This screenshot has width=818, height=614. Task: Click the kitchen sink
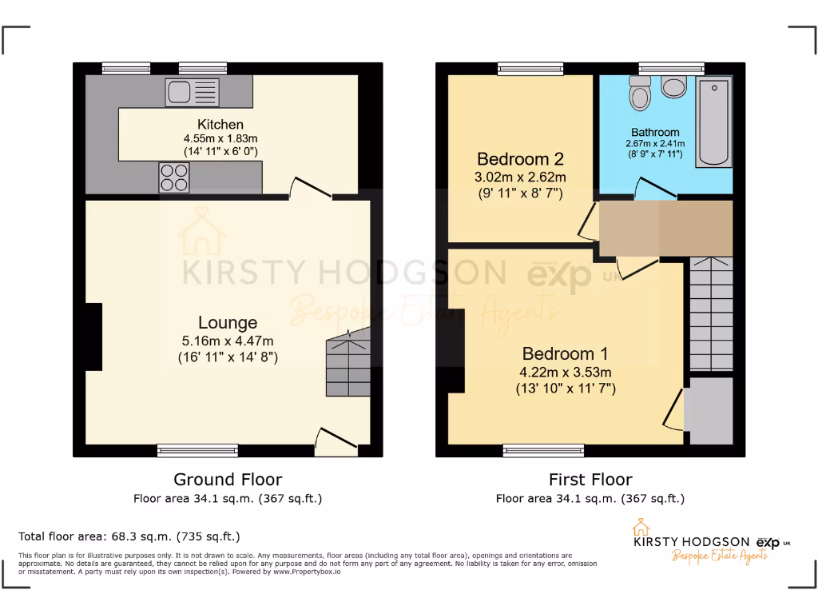pos(192,93)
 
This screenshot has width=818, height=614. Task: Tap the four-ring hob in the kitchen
pos(174,177)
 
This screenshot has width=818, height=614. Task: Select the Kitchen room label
pos(220,125)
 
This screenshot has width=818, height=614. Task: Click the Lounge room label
pos(228,323)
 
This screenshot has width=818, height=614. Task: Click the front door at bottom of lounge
pos(336,440)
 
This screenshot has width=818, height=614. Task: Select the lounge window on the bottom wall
pos(197,451)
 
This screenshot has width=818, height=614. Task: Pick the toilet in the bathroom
pos(641,94)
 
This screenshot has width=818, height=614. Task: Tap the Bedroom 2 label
pos(514,159)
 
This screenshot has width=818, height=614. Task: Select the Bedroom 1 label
pos(559,353)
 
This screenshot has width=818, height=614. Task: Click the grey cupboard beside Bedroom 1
pos(711,410)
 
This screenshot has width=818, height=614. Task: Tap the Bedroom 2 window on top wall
pos(530,68)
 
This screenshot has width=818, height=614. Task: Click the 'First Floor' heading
pos(590,480)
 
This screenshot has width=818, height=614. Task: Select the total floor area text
pos(129,536)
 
